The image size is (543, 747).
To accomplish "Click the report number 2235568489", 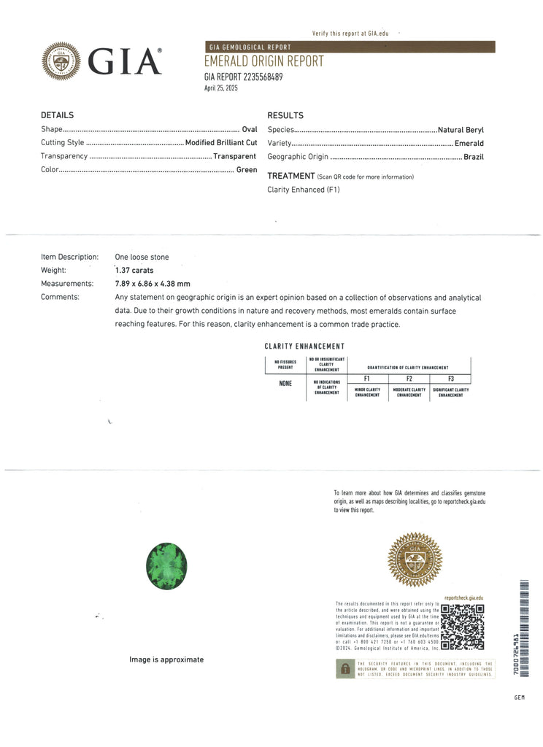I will pyautogui.click(x=258, y=77).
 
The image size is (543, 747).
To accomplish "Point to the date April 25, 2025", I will pyautogui.click(x=221, y=88).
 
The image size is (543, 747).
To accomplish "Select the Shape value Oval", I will pyautogui.click(x=249, y=129).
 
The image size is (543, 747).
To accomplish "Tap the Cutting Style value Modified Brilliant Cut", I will pyautogui.click(x=220, y=143).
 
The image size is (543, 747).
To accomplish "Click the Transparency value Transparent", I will pyautogui.click(x=234, y=156).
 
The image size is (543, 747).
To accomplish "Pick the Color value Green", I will pyautogui.click(x=246, y=170).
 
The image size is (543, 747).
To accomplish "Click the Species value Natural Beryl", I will pyautogui.click(x=461, y=130).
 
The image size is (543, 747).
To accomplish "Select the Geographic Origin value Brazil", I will pyautogui.click(x=474, y=157).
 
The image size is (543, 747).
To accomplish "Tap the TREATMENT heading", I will pyautogui.click(x=290, y=176).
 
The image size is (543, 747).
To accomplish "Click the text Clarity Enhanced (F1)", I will pyautogui.click(x=304, y=190).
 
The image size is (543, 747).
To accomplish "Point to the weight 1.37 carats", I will pyautogui.click(x=134, y=271).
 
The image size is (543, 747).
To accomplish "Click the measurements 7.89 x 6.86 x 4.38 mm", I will pyautogui.click(x=153, y=284).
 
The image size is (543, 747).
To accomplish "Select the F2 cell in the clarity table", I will pyautogui.click(x=409, y=379).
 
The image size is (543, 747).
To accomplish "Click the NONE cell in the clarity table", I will pyautogui.click(x=285, y=384).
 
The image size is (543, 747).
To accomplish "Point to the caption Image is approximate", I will pyautogui.click(x=166, y=659).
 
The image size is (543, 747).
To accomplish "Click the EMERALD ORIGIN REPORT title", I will pyautogui.click(x=263, y=62).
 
